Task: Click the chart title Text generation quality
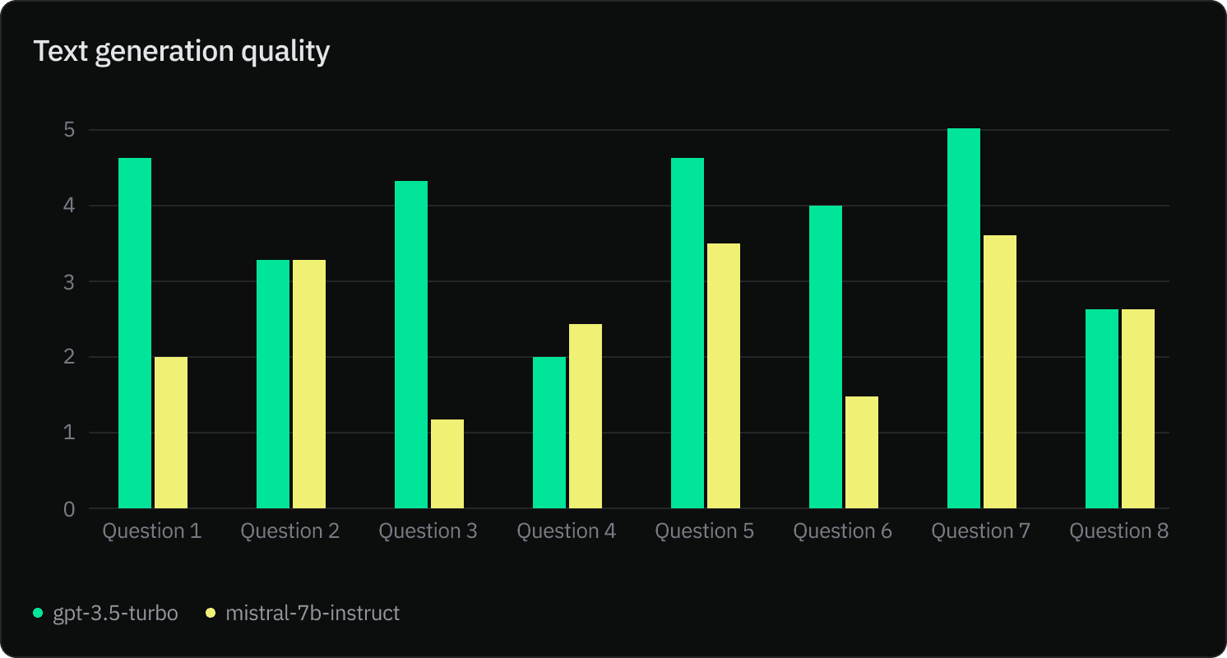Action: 182,52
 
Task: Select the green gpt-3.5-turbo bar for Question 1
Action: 135,333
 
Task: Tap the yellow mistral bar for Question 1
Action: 171,433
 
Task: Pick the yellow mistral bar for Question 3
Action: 447,464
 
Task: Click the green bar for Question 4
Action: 549,433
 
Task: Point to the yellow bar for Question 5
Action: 724,376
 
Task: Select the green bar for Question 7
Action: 964,318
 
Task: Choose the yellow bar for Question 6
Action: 862,452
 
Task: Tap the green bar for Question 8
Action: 1102,409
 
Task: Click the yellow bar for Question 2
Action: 309,384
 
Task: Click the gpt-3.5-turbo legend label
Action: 115,614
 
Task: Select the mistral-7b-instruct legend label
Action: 313,614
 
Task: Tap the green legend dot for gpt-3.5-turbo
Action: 38,614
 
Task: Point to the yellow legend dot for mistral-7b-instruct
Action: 211,614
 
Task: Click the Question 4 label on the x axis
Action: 566,531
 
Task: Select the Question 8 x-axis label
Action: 1118,531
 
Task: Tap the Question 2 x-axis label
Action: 289,531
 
